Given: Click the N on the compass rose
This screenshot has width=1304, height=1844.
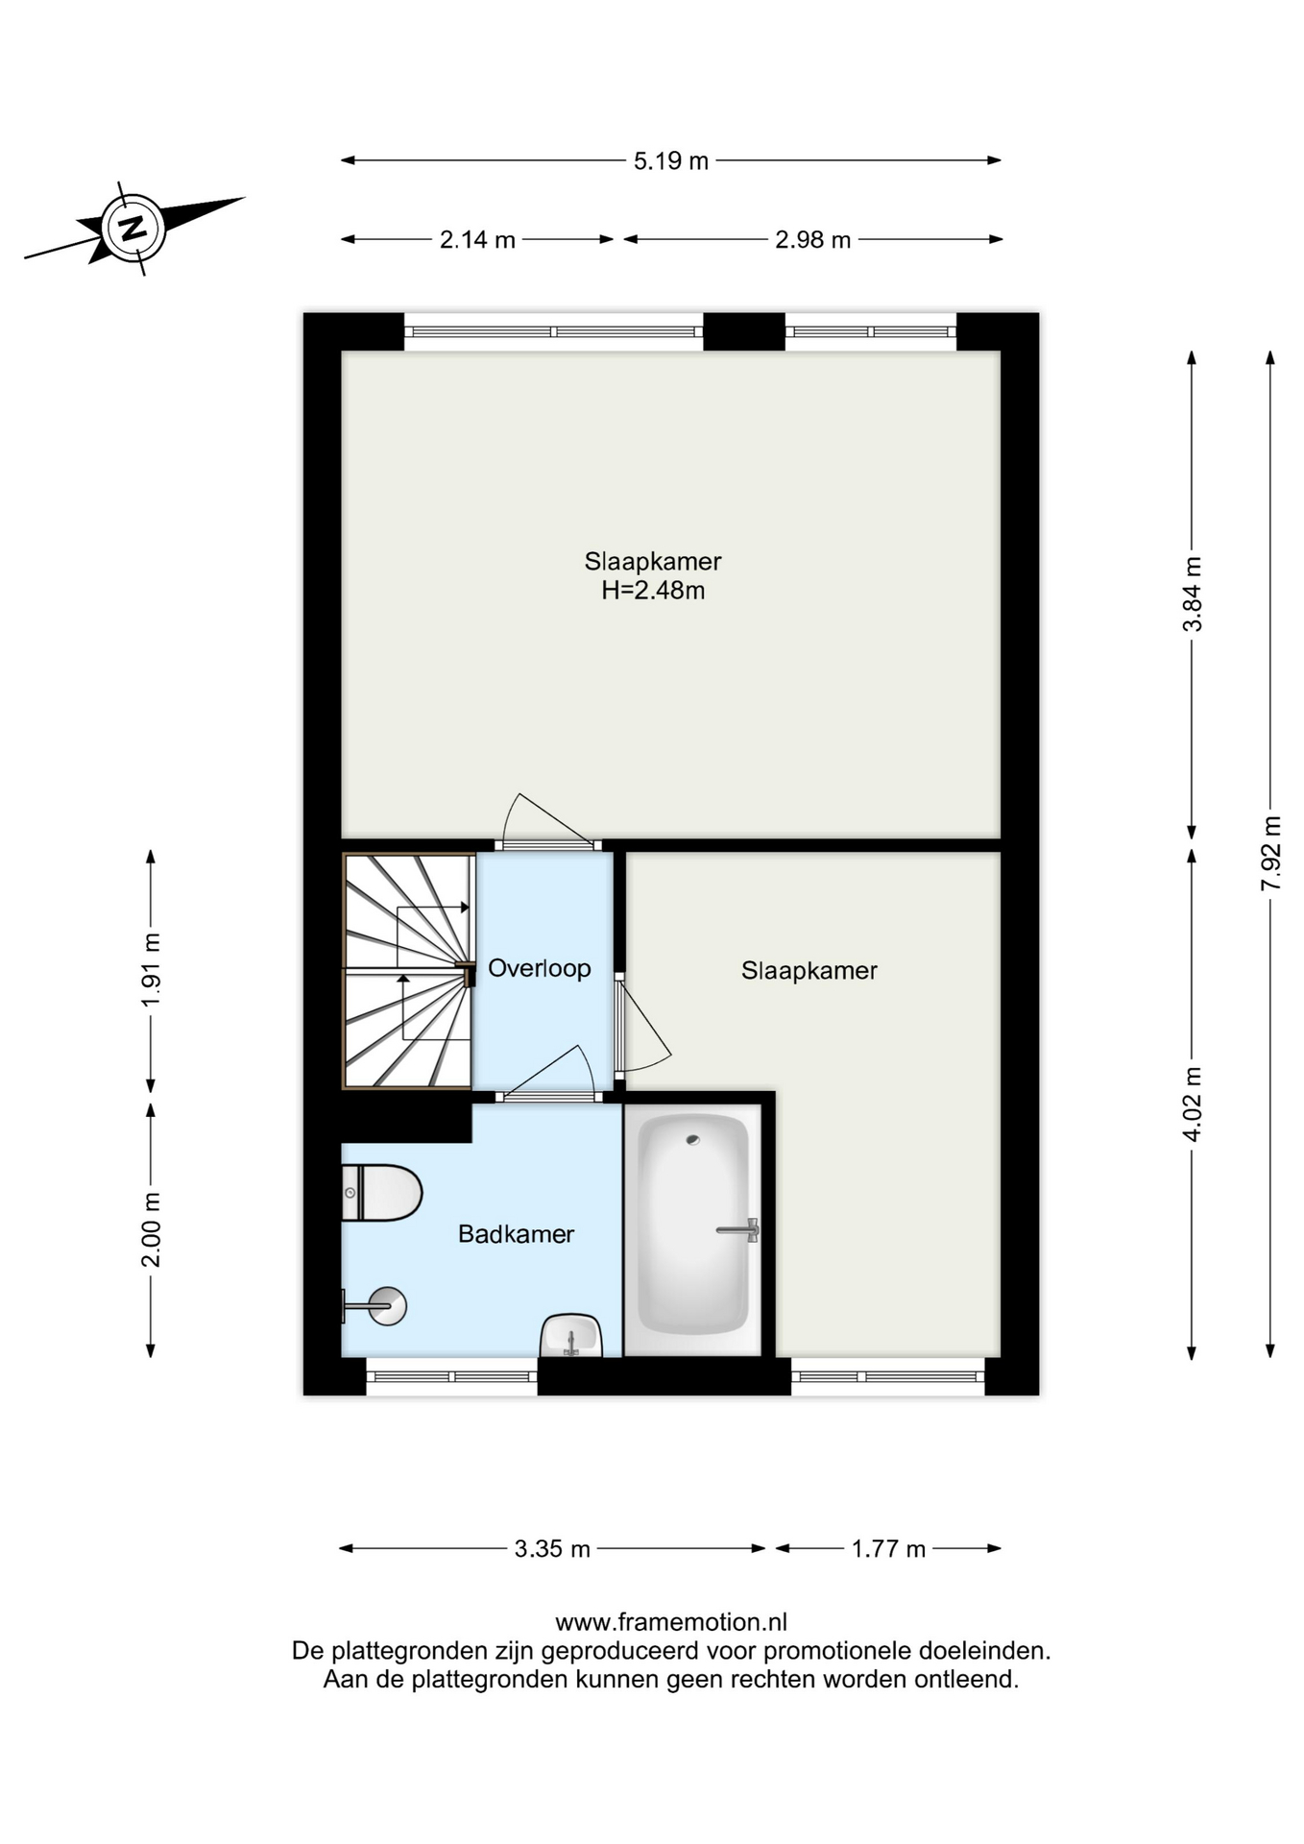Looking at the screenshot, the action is [133, 228].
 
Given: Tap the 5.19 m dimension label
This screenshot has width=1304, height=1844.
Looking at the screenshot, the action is [670, 160].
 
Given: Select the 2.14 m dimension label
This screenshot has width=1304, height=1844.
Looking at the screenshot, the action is [477, 239].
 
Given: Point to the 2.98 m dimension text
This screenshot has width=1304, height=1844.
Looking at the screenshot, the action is [812, 239].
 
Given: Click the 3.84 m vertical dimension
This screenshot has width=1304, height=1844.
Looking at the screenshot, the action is [1192, 594].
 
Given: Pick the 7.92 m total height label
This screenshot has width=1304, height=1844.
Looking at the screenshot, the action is [1270, 853].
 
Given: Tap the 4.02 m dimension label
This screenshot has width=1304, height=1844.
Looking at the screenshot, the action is [1192, 1104].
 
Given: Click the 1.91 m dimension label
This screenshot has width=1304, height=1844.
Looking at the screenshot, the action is [151, 971].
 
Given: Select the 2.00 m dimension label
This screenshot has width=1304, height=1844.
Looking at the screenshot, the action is [151, 1230].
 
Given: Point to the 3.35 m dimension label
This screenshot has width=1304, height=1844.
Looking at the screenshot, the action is [552, 1548].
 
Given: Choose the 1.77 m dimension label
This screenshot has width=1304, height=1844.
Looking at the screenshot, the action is [888, 1548].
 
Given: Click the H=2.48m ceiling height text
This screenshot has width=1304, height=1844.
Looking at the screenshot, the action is [653, 591].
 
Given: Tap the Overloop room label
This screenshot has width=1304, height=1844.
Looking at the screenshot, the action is [539, 968].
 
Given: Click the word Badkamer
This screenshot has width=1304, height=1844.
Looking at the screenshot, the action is [516, 1234].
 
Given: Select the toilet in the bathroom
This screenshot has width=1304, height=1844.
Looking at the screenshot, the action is [381, 1193].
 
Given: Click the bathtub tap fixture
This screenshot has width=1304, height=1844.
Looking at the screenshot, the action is [738, 1229].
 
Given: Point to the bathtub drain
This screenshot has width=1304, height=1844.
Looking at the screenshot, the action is [693, 1140].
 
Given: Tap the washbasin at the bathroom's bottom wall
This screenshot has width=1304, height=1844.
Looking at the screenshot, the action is [570, 1336].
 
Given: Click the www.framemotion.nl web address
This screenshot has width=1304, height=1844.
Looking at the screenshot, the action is [671, 1622].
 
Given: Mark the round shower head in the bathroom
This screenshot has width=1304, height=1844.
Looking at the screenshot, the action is [388, 1306].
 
